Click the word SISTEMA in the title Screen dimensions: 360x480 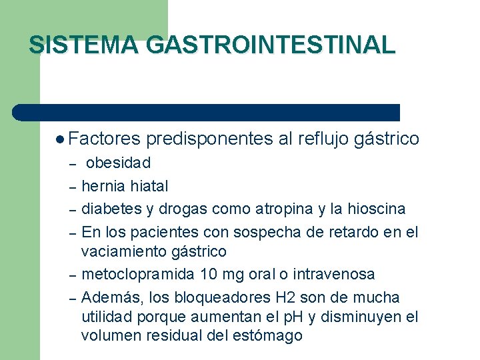coord(84,45)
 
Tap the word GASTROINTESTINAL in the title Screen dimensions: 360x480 coord(270,45)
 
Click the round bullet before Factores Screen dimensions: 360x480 coord(61,139)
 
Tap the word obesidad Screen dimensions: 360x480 coord(119,163)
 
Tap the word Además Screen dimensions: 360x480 coord(109,297)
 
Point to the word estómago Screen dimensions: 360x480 coord(269,335)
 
